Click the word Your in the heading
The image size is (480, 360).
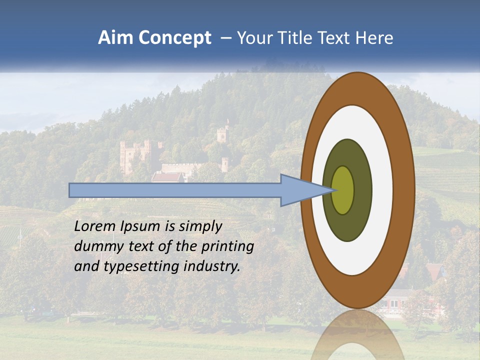[254, 38]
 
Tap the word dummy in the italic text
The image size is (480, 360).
[95, 246]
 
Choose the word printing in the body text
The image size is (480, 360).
[227, 246]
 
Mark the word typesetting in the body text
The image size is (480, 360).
[141, 266]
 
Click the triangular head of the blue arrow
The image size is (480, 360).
[300, 190]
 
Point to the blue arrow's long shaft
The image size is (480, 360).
[175, 190]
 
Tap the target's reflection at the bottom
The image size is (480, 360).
[357, 335]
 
